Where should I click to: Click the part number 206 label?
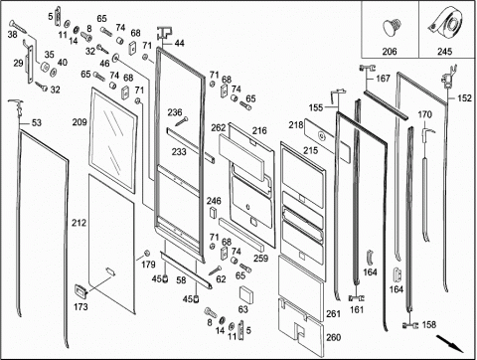point(390,52)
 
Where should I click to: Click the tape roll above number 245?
point(447,23)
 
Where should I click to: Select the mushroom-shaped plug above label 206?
point(393,27)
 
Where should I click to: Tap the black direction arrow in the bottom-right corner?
point(449,344)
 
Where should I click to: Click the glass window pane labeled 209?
point(113,140)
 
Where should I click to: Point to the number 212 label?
point(79,223)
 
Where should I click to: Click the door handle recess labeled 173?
point(81,290)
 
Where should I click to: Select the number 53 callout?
point(37,122)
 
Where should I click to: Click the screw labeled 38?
point(18,26)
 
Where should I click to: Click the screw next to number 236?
point(182,121)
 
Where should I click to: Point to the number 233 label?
point(179,152)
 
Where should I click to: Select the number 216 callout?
point(259,130)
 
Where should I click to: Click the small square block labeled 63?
point(246,294)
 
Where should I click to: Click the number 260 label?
point(333,337)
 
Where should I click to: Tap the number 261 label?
point(333,313)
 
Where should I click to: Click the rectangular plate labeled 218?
point(327,140)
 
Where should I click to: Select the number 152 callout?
point(464,98)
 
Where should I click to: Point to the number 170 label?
point(424,114)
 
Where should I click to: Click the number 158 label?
point(429,324)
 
